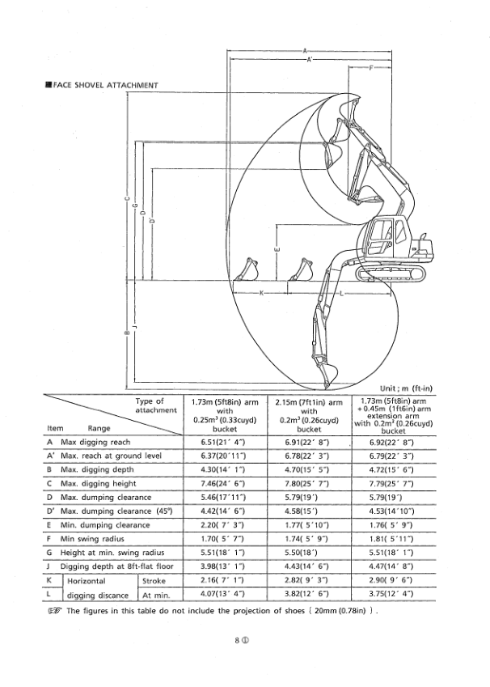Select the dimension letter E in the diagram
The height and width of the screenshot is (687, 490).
tap(277, 250)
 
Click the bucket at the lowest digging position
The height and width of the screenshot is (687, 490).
tap(326, 373)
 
